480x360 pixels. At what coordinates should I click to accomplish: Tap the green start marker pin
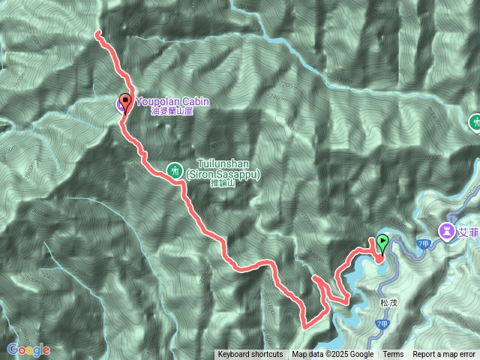tap(382, 242)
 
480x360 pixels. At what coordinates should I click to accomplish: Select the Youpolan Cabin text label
tap(172, 101)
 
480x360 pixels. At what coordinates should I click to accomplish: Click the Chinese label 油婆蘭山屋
tap(172, 111)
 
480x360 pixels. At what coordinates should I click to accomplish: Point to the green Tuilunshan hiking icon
tap(174, 169)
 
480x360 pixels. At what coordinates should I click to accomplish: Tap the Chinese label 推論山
tap(223, 182)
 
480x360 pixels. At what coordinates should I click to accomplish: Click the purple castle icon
tap(446, 230)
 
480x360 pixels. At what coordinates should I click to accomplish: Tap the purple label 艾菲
tap(469, 230)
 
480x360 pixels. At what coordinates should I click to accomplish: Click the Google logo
tap(28, 349)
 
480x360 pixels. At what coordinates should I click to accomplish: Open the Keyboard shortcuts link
tap(250, 355)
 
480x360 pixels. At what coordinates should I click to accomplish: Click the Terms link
tap(393, 355)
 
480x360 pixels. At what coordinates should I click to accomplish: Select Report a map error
tap(444, 355)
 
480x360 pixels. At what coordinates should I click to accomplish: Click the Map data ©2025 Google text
tap(333, 355)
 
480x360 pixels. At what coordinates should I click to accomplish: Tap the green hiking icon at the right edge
tap(475, 122)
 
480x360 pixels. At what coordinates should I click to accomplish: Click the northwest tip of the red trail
tap(97, 33)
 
